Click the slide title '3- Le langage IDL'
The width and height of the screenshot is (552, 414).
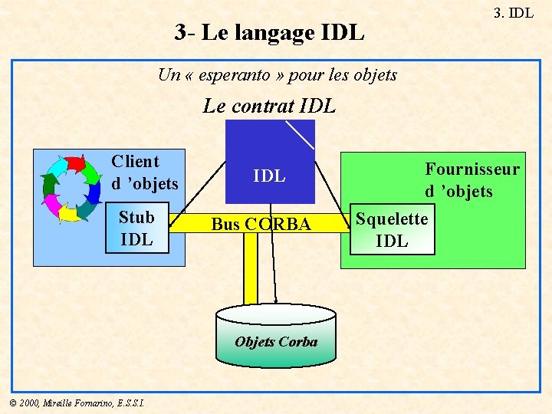(x=269, y=33)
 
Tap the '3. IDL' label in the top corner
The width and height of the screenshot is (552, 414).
(x=513, y=12)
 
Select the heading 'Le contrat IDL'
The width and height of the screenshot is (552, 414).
(x=269, y=107)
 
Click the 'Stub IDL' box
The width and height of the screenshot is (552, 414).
(x=136, y=228)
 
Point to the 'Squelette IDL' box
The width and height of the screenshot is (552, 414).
(x=392, y=229)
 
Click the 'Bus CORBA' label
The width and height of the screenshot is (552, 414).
(x=261, y=224)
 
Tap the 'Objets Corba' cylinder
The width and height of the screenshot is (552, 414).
(x=276, y=337)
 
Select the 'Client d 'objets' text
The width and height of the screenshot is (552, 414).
(x=144, y=172)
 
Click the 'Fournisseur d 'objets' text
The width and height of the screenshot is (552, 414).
(x=472, y=180)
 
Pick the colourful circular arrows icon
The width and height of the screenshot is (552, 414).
(x=71, y=188)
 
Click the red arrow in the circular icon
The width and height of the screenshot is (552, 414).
(x=75, y=163)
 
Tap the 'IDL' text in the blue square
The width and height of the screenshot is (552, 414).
(x=269, y=176)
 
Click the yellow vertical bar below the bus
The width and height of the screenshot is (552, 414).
(x=251, y=268)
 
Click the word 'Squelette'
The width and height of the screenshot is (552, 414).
(x=392, y=219)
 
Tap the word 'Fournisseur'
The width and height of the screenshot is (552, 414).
(x=472, y=169)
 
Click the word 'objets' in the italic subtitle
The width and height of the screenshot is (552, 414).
(x=373, y=75)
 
